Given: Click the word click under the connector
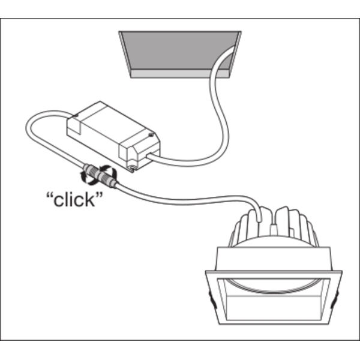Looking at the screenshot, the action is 74,200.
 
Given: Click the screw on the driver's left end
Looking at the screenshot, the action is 76,115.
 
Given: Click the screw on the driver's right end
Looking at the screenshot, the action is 151,135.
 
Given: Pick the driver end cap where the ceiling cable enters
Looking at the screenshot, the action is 139,152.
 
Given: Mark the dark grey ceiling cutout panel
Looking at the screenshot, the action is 179,50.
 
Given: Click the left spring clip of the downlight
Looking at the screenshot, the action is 212,299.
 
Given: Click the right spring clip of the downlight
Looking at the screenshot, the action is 334,299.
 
